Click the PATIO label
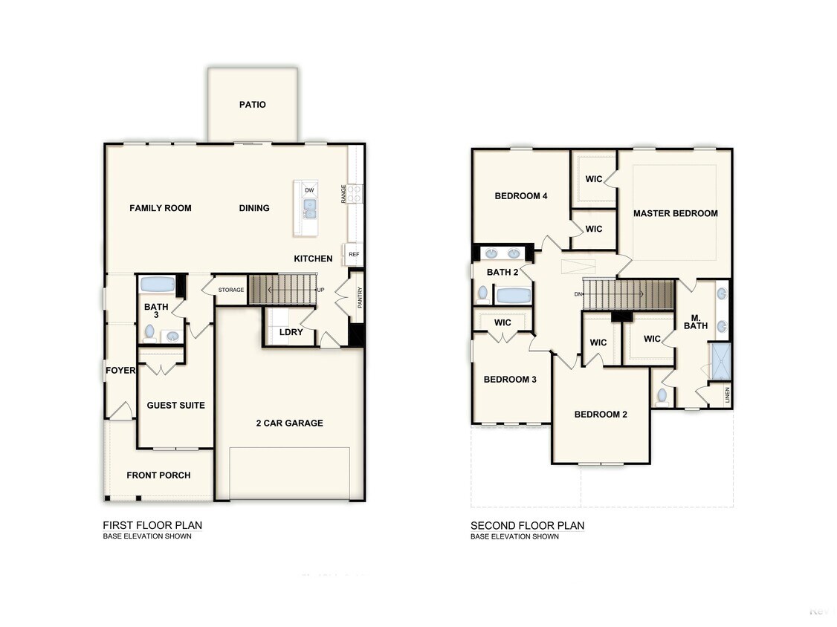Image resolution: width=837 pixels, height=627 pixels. pyautogui.click(x=253, y=105)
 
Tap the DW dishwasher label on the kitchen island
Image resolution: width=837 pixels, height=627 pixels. pyautogui.click(x=310, y=190)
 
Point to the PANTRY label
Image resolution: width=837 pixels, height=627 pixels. pyautogui.click(x=360, y=298)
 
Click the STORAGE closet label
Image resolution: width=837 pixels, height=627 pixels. pyautogui.click(x=231, y=290)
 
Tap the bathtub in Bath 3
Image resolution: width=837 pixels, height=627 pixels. pyautogui.click(x=158, y=284)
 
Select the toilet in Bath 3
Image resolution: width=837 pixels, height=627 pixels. pyautogui.click(x=150, y=334)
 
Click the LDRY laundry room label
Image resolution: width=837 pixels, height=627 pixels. pyautogui.click(x=291, y=332)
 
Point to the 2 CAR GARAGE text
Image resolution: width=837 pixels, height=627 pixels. pyautogui.click(x=290, y=423)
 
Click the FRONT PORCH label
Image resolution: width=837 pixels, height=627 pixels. pyautogui.click(x=158, y=475)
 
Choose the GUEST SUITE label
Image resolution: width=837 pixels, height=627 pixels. pyautogui.click(x=176, y=406)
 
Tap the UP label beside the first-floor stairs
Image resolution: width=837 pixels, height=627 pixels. pyautogui.click(x=321, y=290)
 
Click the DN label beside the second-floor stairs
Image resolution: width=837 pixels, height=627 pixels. pyautogui.click(x=578, y=294)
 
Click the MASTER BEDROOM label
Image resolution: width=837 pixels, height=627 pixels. pyautogui.click(x=676, y=213)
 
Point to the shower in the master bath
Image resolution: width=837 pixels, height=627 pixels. pyautogui.click(x=720, y=361)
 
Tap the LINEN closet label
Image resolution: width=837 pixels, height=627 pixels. pyautogui.click(x=727, y=395)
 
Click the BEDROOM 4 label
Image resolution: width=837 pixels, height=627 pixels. pyautogui.click(x=521, y=196)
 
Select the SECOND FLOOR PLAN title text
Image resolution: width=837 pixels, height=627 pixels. pyautogui.click(x=527, y=526)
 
